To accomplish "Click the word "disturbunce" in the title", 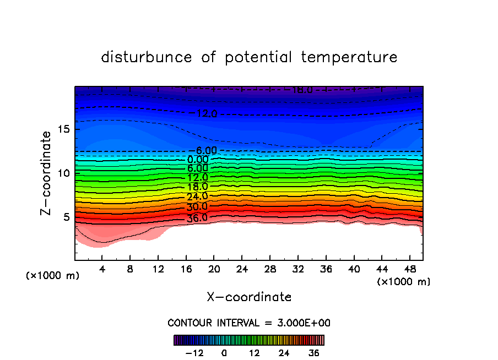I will (147, 57).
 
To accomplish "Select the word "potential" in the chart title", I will (258, 57).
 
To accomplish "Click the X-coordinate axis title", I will (249, 297).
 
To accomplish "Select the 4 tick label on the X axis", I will (102, 270).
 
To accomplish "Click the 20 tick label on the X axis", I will (214, 270).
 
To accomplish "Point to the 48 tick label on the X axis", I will (409, 270).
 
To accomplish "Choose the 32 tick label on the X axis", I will (297, 270).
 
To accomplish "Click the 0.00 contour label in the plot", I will (197, 160).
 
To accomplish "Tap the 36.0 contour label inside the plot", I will (197, 218).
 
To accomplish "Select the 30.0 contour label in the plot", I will (197, 207).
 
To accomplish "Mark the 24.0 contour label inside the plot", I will (197, 197).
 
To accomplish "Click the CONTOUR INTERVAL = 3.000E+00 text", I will (249, 323).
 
